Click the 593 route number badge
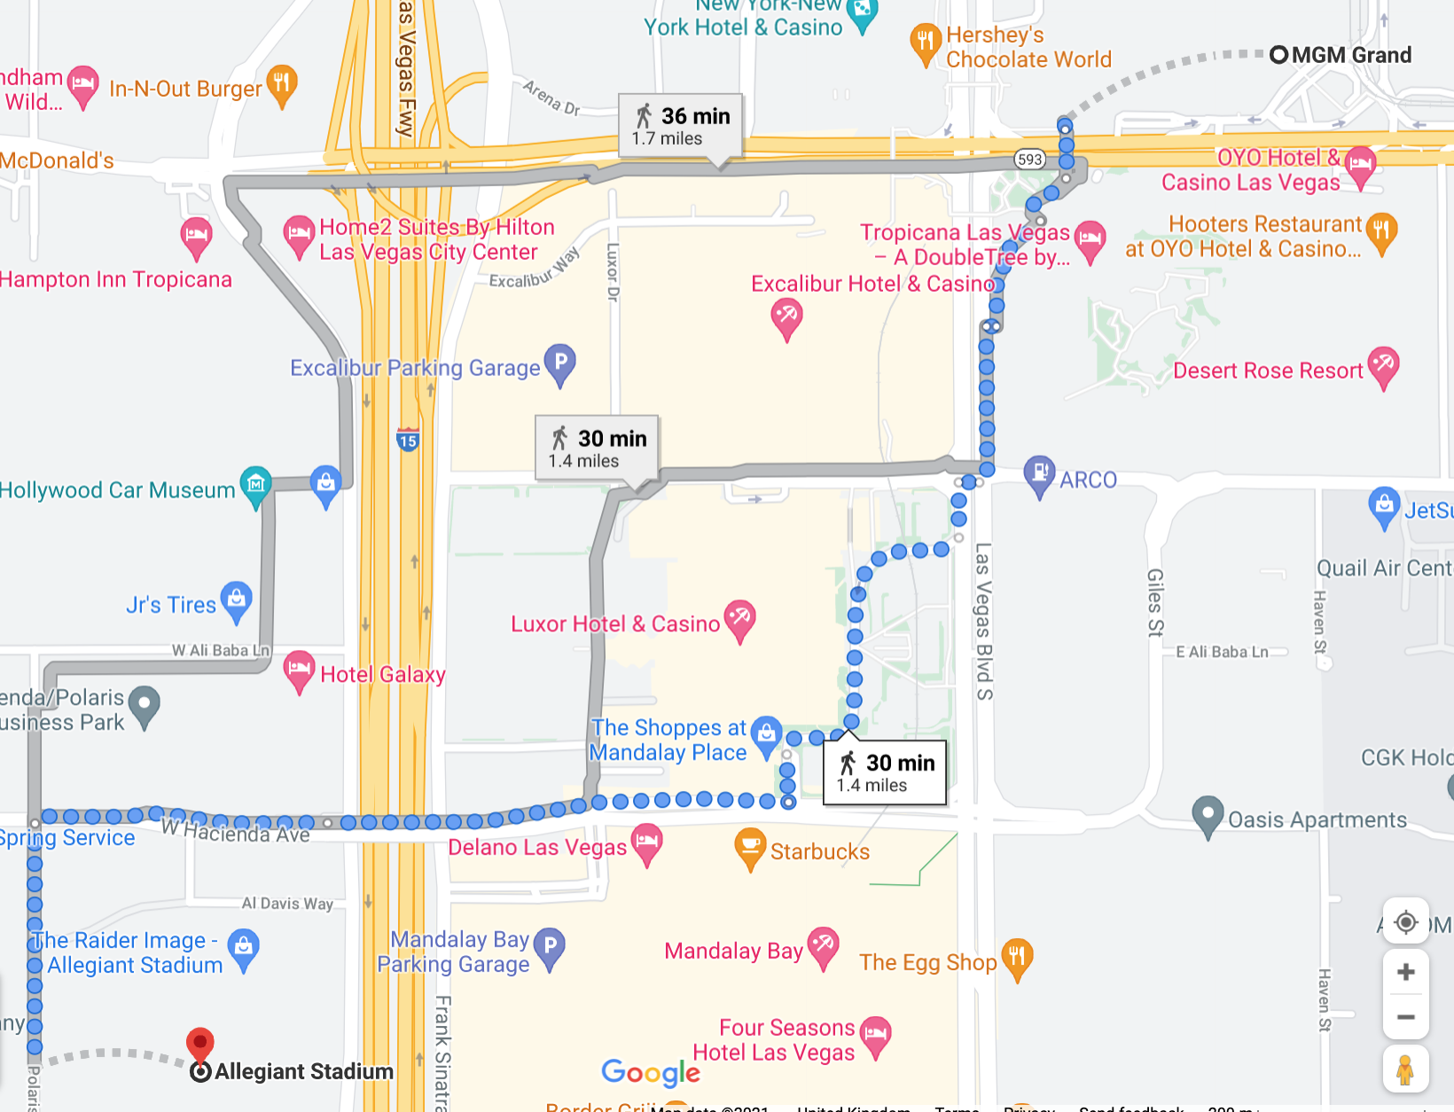tap(1029, 160)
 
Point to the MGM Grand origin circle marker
tap(1278, 55)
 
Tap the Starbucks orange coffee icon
tap(750, 847)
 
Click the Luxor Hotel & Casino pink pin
tap(739, 618)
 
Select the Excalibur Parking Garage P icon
tap(560, 363)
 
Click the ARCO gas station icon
tap(1039, 474)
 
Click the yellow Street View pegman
tap(1404, 1069)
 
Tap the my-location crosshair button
tap(1405, 922)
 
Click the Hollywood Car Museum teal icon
tap(256, 484)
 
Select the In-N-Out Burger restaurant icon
tap(282, 84)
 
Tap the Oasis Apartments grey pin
tap(1208, 814)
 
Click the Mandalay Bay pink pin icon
tap(824, 945)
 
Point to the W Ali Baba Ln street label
tap(220, 650)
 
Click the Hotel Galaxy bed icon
tap(299, 669)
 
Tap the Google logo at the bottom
tap(650, 1073)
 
